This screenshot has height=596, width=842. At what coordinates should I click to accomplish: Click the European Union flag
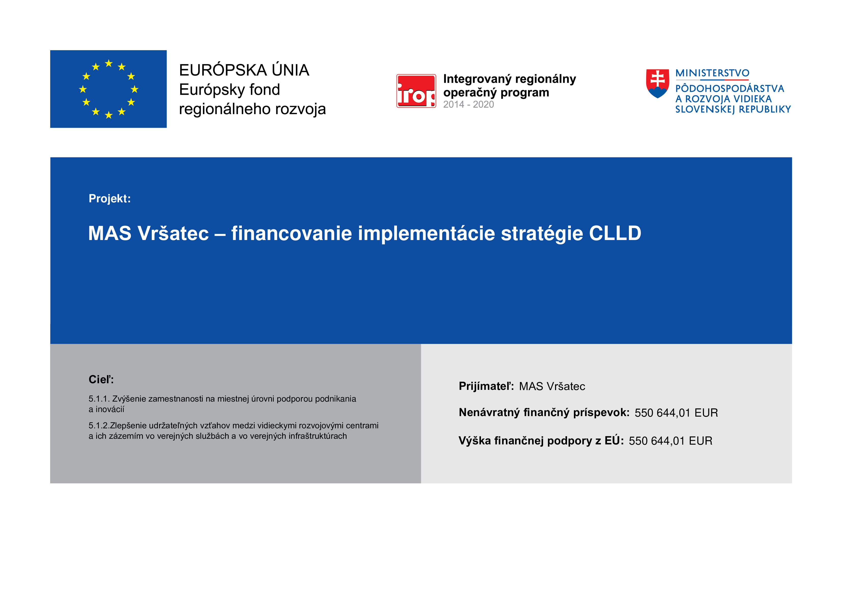(x=108, y=89)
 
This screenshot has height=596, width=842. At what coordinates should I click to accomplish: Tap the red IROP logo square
(x=416, y=91)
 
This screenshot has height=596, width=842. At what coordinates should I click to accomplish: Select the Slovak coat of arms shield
(x=658, y=84)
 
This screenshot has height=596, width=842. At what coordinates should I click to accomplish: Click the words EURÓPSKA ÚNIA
(x=244, y=70)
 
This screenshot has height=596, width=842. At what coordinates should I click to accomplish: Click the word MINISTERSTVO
(x=712, y=73)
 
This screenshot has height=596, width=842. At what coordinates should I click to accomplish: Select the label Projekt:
(x=110, y=198)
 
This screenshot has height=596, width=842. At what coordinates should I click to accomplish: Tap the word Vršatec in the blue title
(x=173, y=233)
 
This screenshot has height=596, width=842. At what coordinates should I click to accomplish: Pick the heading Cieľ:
(x=101, y=379)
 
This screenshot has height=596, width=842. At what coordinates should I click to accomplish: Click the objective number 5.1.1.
(x=99, y=399)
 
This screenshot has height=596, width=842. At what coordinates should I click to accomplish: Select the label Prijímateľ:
(x=486, y=386)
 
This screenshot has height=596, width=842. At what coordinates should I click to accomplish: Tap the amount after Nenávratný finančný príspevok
(x=676, y=413)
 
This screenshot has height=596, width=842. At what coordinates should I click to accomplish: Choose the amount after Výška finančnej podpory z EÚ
(x=670, y=441)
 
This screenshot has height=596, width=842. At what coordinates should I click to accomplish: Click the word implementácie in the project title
(x=426, y=234)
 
